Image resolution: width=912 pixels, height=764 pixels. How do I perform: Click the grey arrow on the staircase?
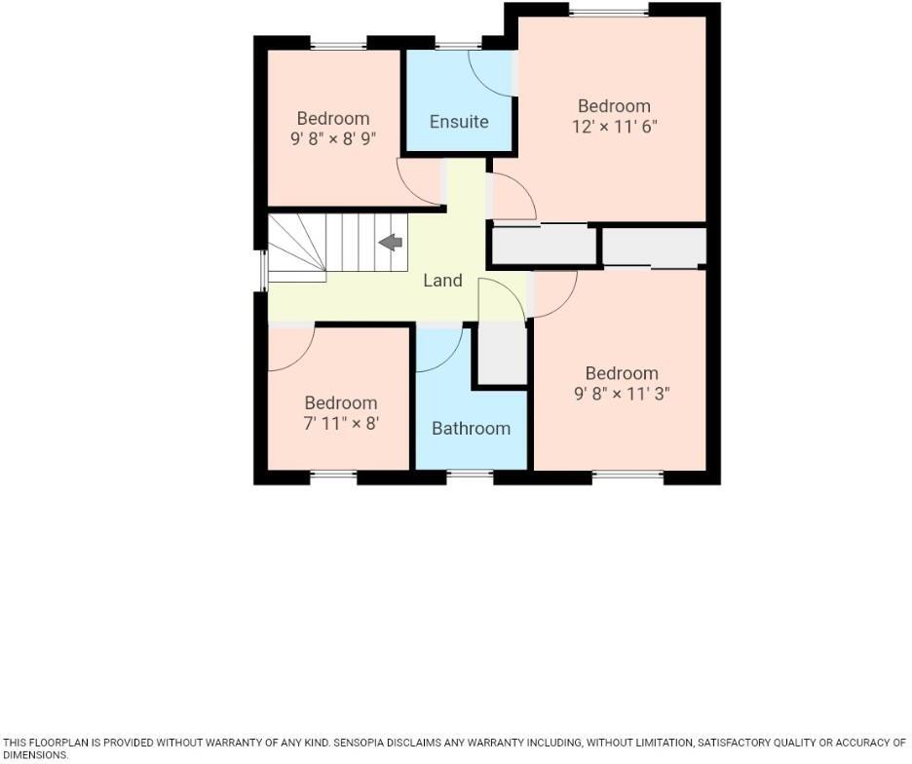[392, 243]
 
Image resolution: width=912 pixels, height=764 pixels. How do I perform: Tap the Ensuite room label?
[459, 122]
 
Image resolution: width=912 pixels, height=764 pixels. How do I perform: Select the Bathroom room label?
[471, 428]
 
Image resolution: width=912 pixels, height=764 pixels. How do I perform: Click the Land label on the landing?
[442, 281]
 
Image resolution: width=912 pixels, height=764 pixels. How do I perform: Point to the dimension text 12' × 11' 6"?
[614, 127]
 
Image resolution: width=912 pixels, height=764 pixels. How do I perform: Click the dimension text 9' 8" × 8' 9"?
[333, 139]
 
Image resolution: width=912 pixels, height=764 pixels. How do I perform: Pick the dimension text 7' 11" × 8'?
[340, 424]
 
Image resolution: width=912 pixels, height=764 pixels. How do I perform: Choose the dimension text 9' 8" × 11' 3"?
[622, 394]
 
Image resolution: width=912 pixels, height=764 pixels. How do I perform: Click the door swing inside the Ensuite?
[491, 72]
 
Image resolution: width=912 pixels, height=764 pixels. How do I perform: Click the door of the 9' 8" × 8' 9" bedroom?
[420, 182]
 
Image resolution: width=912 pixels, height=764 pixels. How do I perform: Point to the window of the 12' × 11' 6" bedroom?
[609, 12]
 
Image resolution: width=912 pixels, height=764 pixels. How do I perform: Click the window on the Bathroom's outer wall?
[471, 477]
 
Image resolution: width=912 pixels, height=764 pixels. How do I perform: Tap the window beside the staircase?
[262, 271]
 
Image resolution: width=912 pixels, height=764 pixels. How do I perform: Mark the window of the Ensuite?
[452, 44]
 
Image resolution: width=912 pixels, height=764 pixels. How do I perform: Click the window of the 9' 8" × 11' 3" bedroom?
[627, 477]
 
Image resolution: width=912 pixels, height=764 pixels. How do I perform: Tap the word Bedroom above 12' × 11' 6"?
[614, 106]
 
